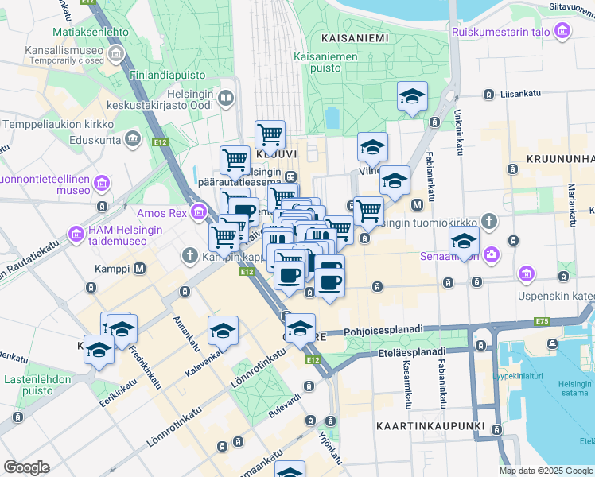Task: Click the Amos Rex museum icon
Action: (198, 212)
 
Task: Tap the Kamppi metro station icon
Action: (140, 268)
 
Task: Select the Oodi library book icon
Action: (226, 99)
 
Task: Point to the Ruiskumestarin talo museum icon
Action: (563, 32)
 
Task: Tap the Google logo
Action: (26, 467)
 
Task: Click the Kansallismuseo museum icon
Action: (116, 54)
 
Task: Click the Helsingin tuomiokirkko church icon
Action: (488, 220)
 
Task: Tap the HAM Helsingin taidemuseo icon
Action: (76, 235)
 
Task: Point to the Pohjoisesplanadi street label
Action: (385, 331)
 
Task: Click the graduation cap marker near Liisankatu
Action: (412, 96)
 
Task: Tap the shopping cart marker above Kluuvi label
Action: (270, 134)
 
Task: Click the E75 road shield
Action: (542, 321)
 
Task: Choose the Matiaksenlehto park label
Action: (90, 32)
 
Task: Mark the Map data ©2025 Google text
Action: (545, 471)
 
